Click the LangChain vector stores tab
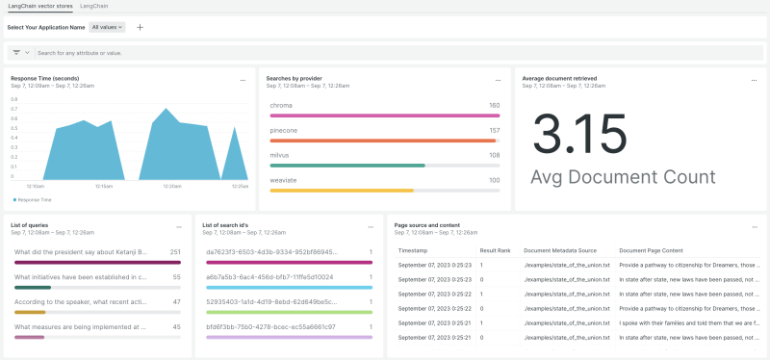click(x=38, y=6)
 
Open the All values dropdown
click(x=108, y=27)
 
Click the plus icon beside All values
click(x=140, y=27)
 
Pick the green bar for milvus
click(x=346, y=165)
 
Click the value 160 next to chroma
click(x=494, y=105)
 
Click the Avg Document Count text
click(x=623, y=177)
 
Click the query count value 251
click(x=175, y=251)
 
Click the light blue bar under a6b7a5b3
click(x=289, y=287)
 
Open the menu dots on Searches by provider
click(x=498, y=80)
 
